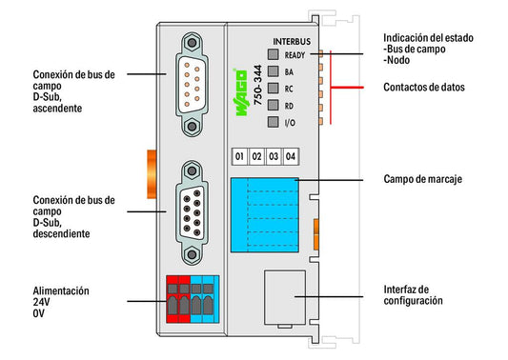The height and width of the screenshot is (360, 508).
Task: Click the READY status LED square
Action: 274,54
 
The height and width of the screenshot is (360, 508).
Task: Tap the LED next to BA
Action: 274,71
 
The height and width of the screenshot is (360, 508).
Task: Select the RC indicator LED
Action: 274,88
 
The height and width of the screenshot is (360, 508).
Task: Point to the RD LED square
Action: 274,105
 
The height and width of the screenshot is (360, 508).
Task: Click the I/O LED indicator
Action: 274,122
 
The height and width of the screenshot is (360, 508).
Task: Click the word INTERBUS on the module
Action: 292,42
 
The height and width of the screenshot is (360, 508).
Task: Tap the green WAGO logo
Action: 240,92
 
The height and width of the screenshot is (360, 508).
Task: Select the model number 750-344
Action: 258,85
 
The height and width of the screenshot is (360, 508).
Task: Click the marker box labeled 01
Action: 240,157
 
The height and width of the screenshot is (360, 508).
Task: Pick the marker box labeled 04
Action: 291,157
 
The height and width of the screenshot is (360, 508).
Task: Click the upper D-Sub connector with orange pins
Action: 192,84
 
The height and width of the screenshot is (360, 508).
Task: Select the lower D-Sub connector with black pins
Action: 192,212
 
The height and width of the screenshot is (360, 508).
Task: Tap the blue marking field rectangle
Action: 265,215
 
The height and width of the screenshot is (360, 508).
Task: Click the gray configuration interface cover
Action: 285,297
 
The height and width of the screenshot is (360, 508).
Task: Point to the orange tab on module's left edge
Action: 152,174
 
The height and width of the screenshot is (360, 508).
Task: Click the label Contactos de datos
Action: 424,87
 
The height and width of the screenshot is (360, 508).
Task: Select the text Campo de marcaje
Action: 422,179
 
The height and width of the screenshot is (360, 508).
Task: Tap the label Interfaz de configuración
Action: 413,295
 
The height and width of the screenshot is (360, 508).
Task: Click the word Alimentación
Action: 61,290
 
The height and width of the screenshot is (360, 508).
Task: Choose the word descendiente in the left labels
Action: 61,233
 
